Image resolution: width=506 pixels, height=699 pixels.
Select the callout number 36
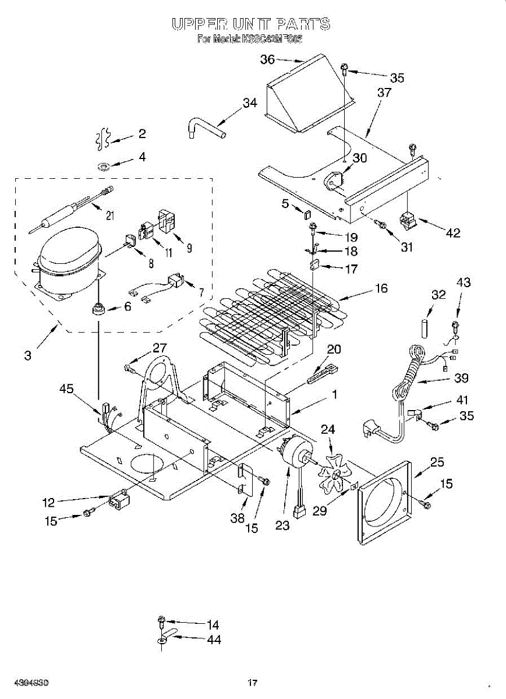click(267, 59)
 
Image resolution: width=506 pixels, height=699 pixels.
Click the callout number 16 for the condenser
click(381, 288)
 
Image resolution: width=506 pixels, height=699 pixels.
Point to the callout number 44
click(213, 640)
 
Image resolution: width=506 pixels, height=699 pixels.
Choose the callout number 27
click(160, 348)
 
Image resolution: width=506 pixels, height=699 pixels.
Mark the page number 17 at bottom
click(252, 683)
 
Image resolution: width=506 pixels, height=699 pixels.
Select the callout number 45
click(67, 389)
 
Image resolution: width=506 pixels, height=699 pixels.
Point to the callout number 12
click(49, 502)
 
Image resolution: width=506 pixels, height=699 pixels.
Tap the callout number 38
click(237, 517)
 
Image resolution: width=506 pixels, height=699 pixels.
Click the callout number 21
click(110, 216)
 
